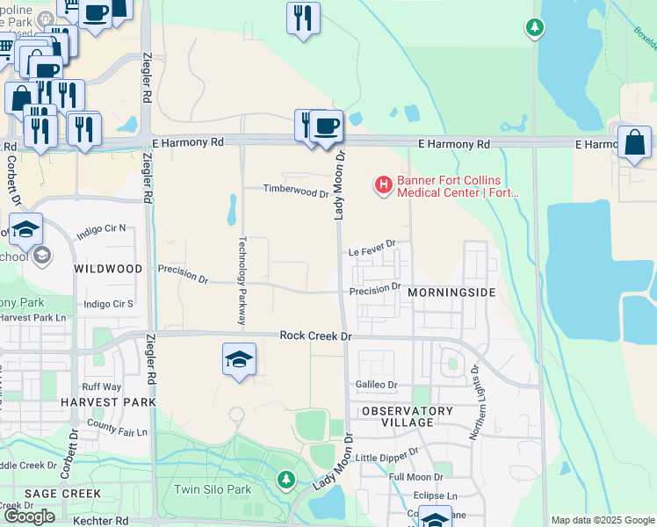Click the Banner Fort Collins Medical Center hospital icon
pyautogui.click(x=384, y=185)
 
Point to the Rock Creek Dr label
pyautogui.click(x=315, y=336)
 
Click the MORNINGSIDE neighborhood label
pyautogui.click(x=451, y=292)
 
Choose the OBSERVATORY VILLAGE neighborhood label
pyautogui.click(x=407, y=416)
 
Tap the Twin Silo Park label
pyautogui.click(x=213, y=489)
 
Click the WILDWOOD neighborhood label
pyautogui.click(x=108, y=268)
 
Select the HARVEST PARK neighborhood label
pyautogui.click(x=108, y=402)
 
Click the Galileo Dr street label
pyautogui.click(x=377, y=385)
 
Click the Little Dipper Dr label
pyautogui.click(x=387, y=458)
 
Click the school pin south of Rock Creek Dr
pyautogui.click(x=239, y=360)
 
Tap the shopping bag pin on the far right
pyautogui.click(x=634, y=142)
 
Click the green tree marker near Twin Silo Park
pyautogui.click(x=285, y=479)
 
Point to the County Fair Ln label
pyautogui.click(x=117, y=432)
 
